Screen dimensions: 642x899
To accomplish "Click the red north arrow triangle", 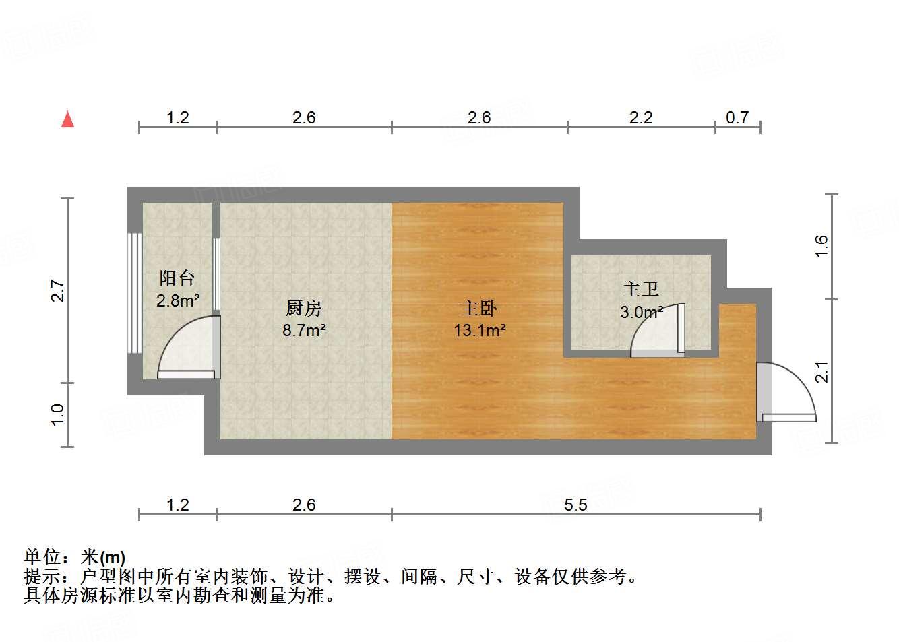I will (67, 119).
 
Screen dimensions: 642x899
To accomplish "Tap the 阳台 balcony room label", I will (177, 278).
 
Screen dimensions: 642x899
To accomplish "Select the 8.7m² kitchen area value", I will (304, 331).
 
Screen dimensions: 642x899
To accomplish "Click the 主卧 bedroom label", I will (479, 308).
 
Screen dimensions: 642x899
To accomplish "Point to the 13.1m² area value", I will (479, 331).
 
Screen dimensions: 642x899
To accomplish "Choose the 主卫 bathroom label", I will (640, 289).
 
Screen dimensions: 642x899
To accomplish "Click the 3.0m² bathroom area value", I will (641, 312).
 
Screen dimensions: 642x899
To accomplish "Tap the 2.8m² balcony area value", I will (177, 300).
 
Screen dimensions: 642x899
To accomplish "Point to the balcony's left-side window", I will (135, 293).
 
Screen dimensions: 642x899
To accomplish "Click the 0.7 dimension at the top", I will (737, 118).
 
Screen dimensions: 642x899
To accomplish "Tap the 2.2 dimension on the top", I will (641, 118).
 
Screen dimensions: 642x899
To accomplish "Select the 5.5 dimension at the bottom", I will (576, 505).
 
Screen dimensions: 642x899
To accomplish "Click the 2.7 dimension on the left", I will (58, 290).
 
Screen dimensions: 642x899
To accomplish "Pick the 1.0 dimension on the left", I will (58, 414).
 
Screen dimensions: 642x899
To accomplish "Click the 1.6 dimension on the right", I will (821, 246).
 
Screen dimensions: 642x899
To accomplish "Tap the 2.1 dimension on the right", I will (821, 372).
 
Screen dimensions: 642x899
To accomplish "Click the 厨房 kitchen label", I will (304, 308).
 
